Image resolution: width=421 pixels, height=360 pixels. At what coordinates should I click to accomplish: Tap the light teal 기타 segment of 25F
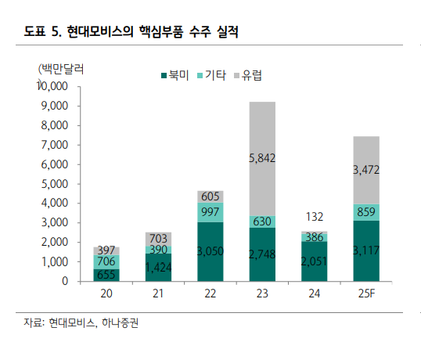click(x=366, y=212)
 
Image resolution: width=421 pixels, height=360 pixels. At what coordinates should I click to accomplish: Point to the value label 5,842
click(x=262, y=158)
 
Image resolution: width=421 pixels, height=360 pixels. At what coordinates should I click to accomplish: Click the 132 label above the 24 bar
click(x=314, y=216)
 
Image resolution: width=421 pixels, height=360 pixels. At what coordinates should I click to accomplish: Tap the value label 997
click(x=210, y=213)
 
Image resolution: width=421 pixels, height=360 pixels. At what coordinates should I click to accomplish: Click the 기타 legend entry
click(x=215, y=76)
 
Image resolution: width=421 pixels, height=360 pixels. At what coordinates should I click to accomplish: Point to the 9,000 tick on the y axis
click(x=53, y=106)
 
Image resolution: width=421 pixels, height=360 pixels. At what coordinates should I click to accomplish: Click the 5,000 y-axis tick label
click(x=53, y=183)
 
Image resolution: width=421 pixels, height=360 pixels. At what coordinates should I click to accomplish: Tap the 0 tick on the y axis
click(x=65, y=281)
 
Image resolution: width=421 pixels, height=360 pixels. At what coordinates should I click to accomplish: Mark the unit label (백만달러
click(x=61, y=68)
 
